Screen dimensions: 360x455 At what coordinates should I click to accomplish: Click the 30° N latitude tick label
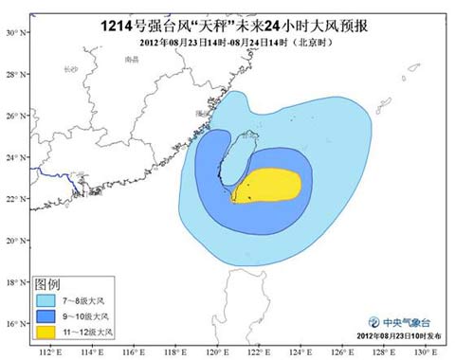click(12, 32)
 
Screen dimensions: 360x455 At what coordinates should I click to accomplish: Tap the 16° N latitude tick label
click(12, 323)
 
